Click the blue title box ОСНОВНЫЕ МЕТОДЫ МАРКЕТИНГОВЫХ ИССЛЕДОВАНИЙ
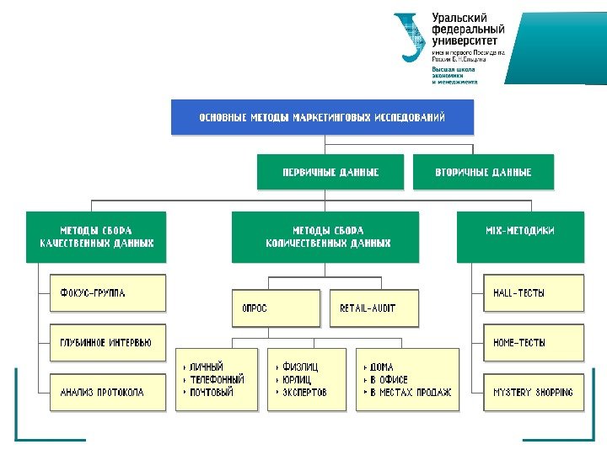322,117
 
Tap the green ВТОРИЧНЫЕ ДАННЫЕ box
483,172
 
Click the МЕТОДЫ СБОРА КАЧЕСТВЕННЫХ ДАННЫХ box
95,236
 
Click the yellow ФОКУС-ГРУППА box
108,293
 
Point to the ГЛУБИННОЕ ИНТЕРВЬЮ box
108,343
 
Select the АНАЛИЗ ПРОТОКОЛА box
108,392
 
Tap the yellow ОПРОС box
277,308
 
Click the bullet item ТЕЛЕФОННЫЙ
217,379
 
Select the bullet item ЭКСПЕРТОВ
304,393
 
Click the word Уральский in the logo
461,18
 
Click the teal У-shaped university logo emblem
410,35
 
